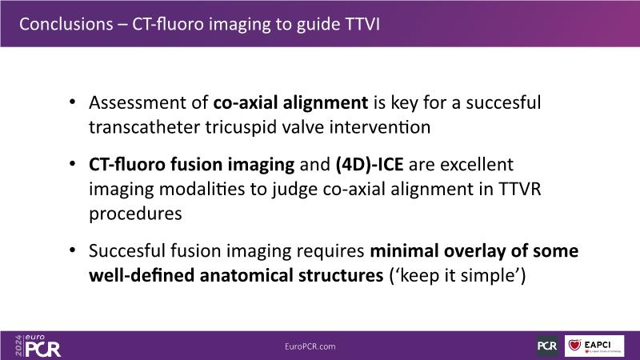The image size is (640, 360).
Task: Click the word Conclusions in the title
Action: pos(66,24)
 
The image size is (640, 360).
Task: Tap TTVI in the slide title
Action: pos(362,24)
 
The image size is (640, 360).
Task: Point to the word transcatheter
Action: pos(144,127)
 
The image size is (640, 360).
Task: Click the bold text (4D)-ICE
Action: pos(370,165)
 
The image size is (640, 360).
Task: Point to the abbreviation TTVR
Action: pos(519,189)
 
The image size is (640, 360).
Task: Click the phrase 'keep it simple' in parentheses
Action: pos(458,275)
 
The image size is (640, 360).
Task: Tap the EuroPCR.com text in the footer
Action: pos(310,346)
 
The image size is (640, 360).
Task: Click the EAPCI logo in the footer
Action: pos(594,346)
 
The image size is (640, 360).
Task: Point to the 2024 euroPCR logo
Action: pos(38,346)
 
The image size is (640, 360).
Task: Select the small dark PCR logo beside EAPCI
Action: pos(547,346)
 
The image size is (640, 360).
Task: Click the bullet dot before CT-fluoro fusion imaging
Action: pos(73,164)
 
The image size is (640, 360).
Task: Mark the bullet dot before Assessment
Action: pos(73,102)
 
